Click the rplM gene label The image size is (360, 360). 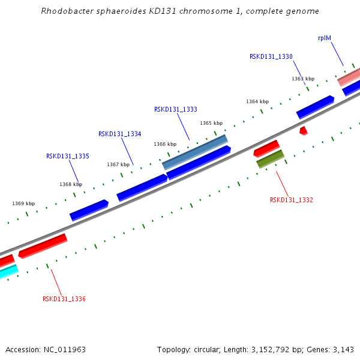pos(325,38)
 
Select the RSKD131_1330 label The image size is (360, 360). pos(271,56)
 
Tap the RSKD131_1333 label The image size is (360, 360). pos(176,109)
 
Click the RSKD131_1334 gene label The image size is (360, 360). pos(120,134)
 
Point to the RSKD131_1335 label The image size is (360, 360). pos(68,156)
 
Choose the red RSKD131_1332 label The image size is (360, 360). pos(292,200)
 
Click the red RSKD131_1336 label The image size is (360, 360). pos(64,299)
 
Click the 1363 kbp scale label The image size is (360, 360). pos(303,79)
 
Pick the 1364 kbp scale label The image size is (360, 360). pos(257,101)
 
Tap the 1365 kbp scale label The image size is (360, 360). pos(211,123)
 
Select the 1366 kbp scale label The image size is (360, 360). pos(165,144)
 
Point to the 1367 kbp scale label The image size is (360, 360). pos(118,164)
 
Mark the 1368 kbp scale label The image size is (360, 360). pos(71,184)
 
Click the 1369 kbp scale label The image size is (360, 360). pos(23,203)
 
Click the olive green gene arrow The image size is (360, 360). pos(270,159)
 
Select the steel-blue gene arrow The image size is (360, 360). pos(195,152)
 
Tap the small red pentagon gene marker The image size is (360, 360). pos(304,130)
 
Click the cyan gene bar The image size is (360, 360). pos(7,272)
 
